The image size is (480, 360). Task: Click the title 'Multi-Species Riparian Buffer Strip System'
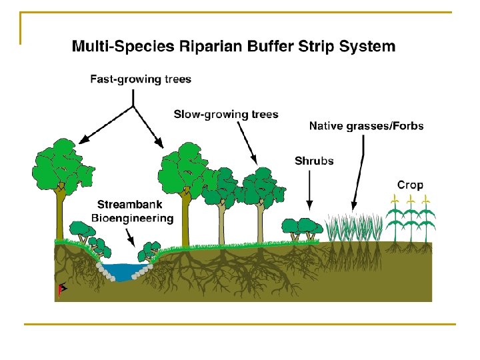click(x=233, y=47)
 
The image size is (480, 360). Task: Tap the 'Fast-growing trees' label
click(x=141, y=79)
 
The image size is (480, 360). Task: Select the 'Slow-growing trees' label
click(x=226, y=114)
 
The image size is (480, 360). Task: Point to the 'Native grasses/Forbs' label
click(x=366, y=125)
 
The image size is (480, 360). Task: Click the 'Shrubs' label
click(x=314, y=161)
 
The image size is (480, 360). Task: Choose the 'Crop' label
click(x=410, y=185)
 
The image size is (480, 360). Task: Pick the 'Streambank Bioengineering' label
click(x=132, y=212)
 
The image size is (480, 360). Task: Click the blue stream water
click(x=127, y=271)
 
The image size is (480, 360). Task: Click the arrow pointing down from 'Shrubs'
click(x=309, y=190)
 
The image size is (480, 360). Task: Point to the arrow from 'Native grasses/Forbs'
click(x=359, y=170)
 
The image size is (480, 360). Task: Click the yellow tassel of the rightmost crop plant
click(x=425, y=199)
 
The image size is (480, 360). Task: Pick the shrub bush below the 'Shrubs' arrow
click(x=306, y=229)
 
